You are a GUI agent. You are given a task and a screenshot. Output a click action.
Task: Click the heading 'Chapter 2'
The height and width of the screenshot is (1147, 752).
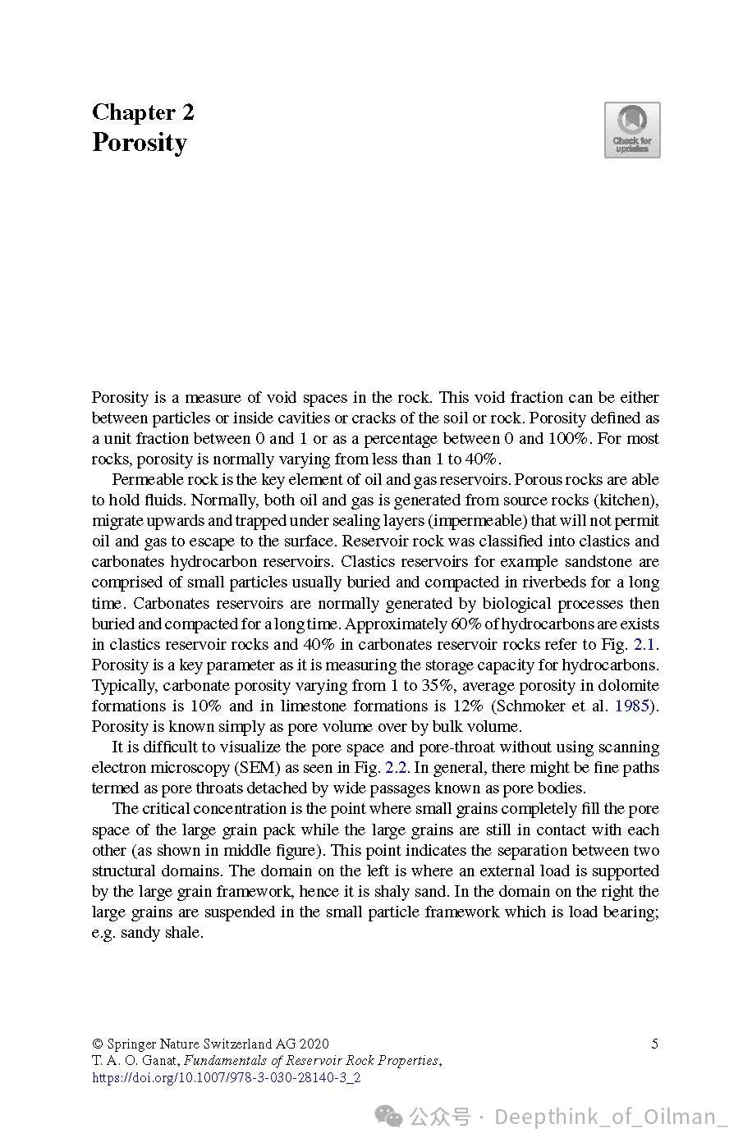click(x=143, y=112)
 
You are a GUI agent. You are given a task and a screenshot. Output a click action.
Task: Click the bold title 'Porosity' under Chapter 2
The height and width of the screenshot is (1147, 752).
click(x=140, y=143)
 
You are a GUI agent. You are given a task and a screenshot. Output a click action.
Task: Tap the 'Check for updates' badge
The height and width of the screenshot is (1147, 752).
click(x=632, y=130)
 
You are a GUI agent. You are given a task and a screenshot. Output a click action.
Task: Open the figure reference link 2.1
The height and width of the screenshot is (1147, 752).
click(x=644, y=644)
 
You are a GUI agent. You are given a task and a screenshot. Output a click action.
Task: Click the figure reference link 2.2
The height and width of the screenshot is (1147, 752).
click(x=396, y=768)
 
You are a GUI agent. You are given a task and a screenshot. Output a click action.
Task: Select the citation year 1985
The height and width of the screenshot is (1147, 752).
click(x=631, y=706)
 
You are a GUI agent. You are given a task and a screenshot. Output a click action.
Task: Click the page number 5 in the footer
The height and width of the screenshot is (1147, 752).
click(x=655, y=1044)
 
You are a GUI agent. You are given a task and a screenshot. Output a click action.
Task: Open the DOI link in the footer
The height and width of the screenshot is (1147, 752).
click(x=226, y=1077)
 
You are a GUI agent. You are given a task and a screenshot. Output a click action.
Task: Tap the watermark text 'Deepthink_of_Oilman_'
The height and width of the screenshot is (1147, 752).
click(x=611, y=1117)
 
